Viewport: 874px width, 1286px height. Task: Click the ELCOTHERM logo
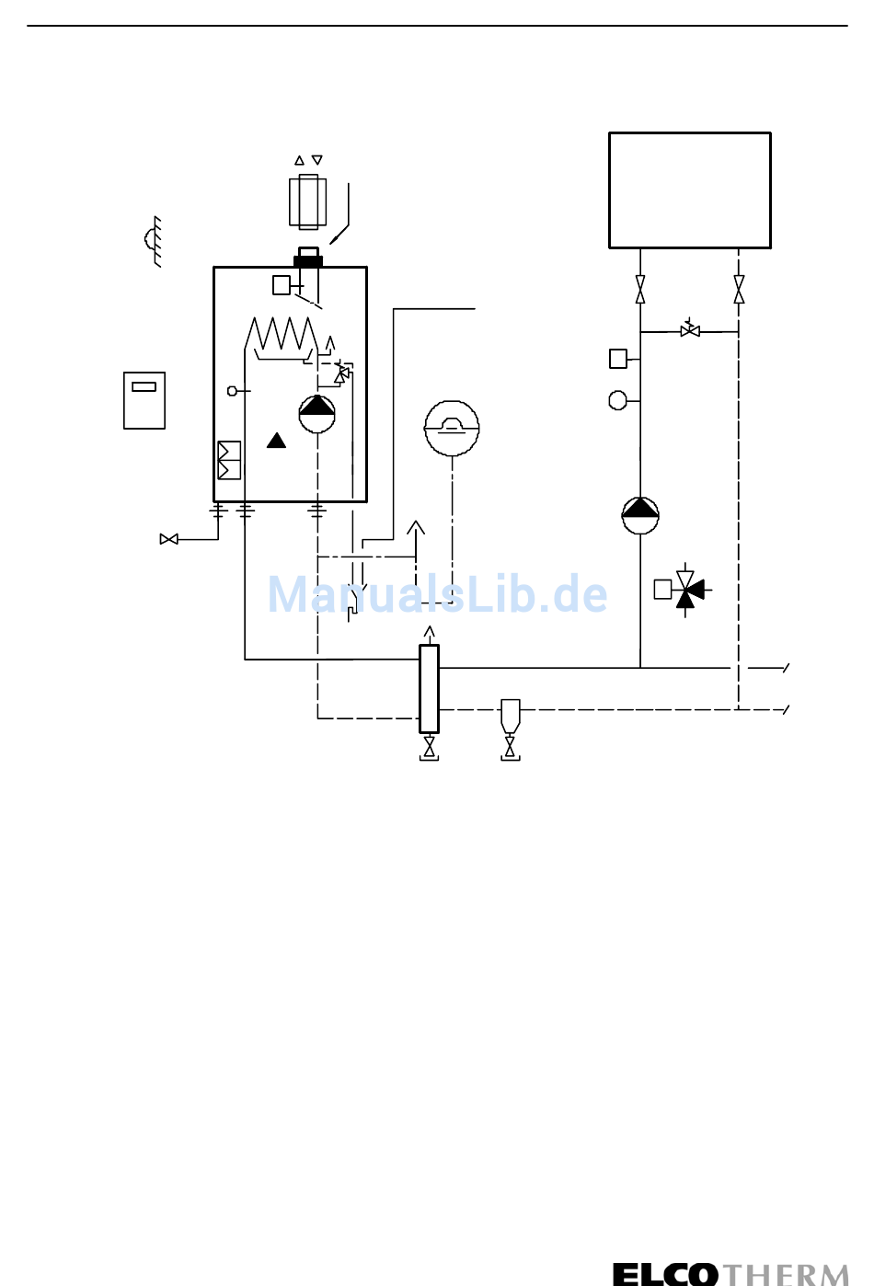click(x=730, y=1273)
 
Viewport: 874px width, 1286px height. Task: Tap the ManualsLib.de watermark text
click(x=438, y=594)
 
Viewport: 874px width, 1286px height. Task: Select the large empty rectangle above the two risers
click(x=690, y=190)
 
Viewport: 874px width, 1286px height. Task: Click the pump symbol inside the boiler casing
click(x=317, y=414)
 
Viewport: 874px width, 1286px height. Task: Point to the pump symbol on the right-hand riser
click(x=640, y=515)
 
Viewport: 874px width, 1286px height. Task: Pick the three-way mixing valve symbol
click(x=685, y=590)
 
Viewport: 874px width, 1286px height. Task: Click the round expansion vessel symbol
click(x=452, y=428)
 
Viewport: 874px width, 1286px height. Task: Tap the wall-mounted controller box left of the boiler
click(x=144, y=400)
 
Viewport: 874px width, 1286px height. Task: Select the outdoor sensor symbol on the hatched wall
click(x=153, y=240)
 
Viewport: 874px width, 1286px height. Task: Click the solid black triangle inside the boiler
click(x=276, y=441)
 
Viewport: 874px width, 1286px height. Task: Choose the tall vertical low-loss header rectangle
click(x=429, y=688)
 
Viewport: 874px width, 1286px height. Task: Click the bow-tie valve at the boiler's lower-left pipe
click(x=169, y=539)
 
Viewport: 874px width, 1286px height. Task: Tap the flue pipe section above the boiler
click(x=307, y=201)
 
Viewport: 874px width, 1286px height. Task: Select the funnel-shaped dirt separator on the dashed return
click(x=510, y=715)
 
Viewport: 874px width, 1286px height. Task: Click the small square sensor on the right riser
click(x=618, y=359)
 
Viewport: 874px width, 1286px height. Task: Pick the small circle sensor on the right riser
click(x=618, y=400)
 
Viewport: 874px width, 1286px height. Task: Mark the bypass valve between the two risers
click(x=690, y=330)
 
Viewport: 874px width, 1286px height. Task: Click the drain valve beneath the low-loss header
click(x=429, y=747)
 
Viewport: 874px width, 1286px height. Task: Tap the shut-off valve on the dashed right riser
click(x=739, y=289)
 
